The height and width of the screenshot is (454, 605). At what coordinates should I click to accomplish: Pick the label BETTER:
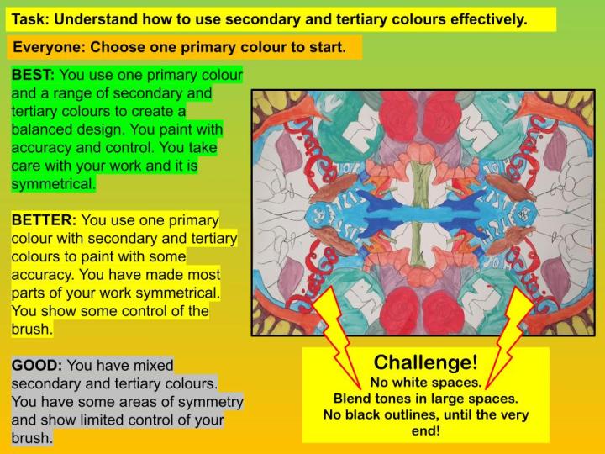coord(44,220)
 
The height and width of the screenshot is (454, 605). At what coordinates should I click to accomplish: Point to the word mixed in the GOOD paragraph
coord(151,365)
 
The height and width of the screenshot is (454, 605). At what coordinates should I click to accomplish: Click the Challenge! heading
coord(425,362)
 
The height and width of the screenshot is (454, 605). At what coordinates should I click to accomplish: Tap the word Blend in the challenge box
coord(352,398)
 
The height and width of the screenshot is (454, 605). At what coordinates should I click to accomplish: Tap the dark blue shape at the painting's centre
coord(429,206)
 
